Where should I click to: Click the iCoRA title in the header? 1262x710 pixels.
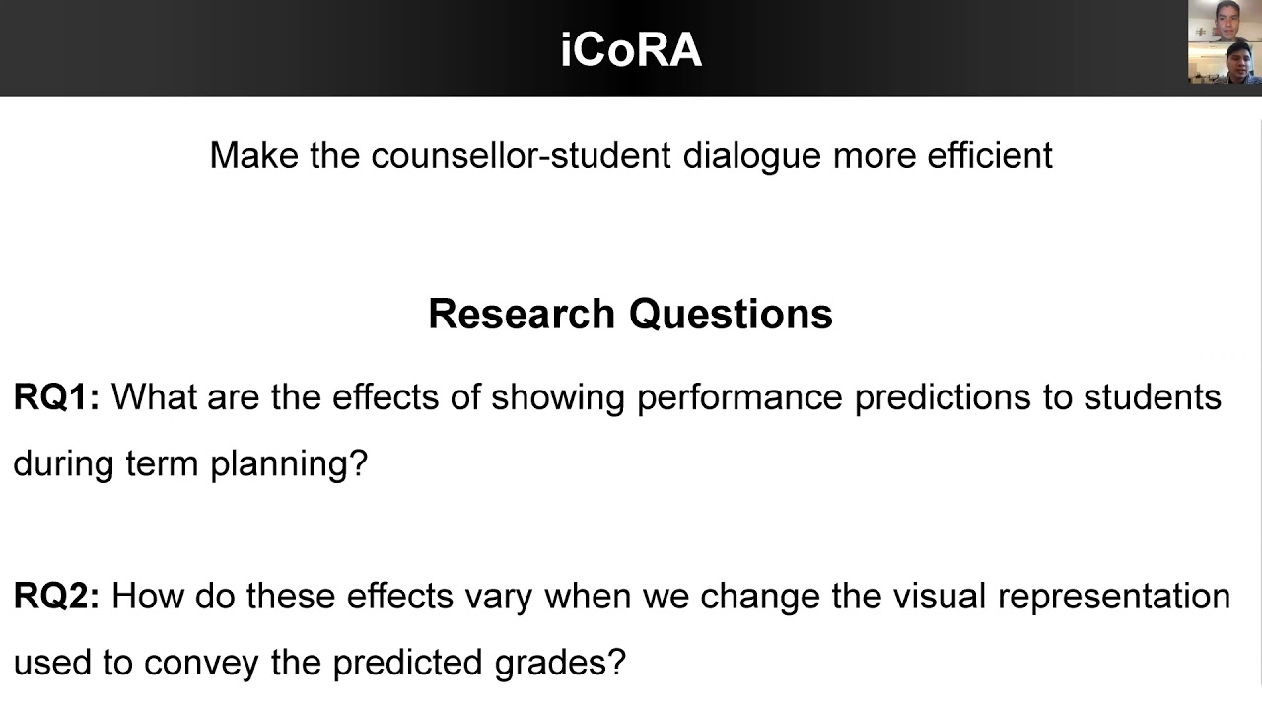click(631, 49)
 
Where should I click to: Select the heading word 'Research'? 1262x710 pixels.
click(522, 314)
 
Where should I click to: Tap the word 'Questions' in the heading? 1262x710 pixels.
click(731, 314)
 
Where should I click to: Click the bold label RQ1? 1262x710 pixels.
click(56, 397)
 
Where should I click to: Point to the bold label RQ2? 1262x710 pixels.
click(56, 597)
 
